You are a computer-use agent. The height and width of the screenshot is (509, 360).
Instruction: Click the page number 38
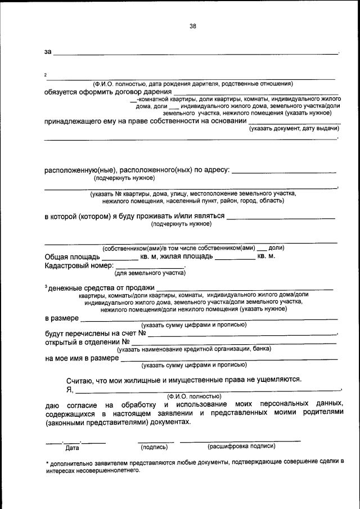[x=193, y=26]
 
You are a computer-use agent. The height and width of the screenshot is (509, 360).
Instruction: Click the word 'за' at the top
[x=48, y=52]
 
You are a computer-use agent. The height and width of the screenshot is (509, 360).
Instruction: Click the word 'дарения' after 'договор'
[x=157, y=92]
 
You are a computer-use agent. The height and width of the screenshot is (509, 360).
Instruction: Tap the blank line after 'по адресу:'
[x=284, y=170]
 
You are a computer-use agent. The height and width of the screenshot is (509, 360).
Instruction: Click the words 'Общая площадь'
[x=71, y=256]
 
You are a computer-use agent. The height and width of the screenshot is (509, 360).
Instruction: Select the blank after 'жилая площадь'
[x=235, y=257]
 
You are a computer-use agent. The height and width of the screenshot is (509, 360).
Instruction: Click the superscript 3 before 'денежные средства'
[x=46, y=286]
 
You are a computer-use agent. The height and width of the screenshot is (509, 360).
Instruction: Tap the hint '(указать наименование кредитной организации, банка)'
[x=194, y=349]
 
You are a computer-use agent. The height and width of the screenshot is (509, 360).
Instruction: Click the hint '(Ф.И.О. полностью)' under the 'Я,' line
[x=194, y=396]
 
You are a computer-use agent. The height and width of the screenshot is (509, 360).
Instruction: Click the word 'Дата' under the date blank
[x=72, y=448]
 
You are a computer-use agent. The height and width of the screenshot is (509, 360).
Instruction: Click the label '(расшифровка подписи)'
[x=241, y=446]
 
